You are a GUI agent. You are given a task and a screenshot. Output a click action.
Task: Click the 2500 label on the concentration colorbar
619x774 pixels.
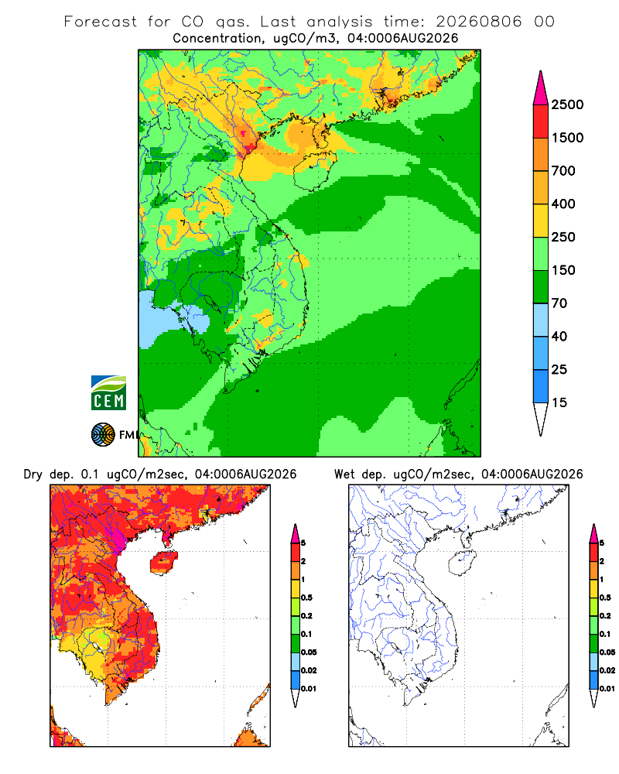pyautogui.click(x=567, y=104)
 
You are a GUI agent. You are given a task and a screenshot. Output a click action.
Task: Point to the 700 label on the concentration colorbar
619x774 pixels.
pyautogui.click(x=563, y=171)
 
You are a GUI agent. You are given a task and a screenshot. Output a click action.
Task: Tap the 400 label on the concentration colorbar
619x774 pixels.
pyautogui.click(x=563, y=204)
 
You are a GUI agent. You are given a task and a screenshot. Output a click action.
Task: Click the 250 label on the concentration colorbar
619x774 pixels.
pyautogui.click(x=563, y=237)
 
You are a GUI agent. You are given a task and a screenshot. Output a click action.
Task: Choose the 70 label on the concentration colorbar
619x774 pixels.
pyautogui.click(x=559, y=303)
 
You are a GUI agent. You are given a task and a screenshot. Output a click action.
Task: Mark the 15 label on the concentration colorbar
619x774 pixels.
pyautogui.click(x=559, y=402)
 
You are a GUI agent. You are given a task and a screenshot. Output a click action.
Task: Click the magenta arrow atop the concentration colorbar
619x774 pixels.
pyautogui.click(x=541, y=88)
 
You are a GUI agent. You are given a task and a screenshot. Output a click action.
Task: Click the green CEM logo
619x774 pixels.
pyautogui.click(x=108, y=393)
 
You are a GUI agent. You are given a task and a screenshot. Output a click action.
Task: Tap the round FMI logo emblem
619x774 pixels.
pyautogui.click(x=103, y=435)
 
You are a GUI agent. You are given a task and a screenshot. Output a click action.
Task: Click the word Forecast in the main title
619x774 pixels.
pyautogui.click(x=101, y=22)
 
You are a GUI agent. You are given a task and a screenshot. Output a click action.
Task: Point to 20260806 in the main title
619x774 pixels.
pyautogui.click(x=478, y=22)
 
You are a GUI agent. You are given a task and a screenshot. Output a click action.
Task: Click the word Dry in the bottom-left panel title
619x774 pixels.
pyautogui.click(x=32, y=475)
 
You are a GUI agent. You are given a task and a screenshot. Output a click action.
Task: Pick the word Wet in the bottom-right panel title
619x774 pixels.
pyautogui.click(x=344, y=474)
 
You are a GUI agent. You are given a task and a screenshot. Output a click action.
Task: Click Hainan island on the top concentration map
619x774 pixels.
pyautogui.click(x=314, y=171)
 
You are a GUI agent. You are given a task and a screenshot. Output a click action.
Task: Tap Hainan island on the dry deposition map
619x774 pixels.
pyautogui.click(x=163, y=562)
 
